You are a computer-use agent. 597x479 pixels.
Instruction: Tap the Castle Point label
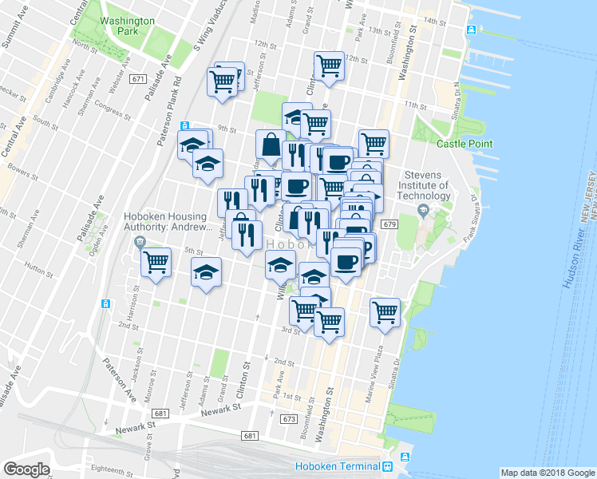pos(464,144)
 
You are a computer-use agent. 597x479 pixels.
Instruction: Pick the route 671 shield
pos(140,79)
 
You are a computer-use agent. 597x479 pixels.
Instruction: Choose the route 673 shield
pos(289,418)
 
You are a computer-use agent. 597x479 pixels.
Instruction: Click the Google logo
pos(27,469)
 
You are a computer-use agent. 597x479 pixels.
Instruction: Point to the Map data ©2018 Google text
pos(546,473)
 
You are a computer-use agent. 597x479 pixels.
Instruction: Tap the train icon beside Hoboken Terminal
pos(387,466)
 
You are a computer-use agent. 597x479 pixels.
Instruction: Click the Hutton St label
pos(38,268)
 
